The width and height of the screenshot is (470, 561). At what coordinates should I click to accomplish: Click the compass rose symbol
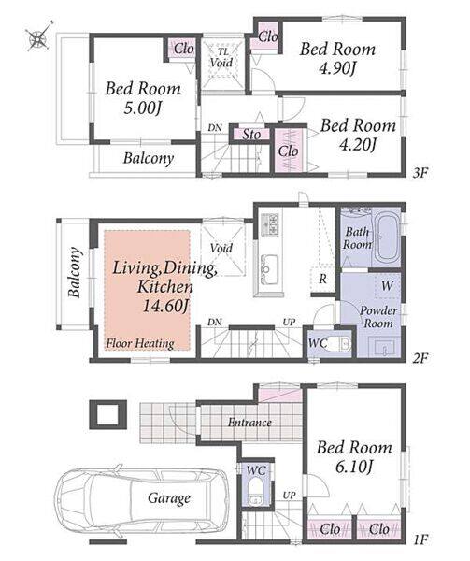pyautogui.click(x=38, y=36)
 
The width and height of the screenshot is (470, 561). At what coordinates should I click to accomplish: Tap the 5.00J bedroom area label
pyautogui.click(x=143, y=108)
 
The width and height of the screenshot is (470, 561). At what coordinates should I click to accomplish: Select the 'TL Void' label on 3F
pyautogui.click(x=221, y=57)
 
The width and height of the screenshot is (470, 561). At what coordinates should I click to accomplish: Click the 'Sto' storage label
pyautogui.click(x=251, y=135)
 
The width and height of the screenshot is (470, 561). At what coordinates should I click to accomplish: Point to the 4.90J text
pyautogui.click(x=337, y=68)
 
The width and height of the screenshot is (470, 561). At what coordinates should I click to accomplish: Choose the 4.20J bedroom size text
pyautogui.click(x=358, y=145)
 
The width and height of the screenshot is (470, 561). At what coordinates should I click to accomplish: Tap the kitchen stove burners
pyautogui.click(x=271, y=224)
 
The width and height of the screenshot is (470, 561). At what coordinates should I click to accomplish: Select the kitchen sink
pyautogui.click(x=269, y=265)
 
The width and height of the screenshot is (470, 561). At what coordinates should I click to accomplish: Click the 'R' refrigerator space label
pyautogui.click(x=322, y=279)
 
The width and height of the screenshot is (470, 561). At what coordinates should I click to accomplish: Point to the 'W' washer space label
pyautogui.click(x=387, y=285)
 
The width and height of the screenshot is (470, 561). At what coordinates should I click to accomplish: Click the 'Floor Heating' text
pyautogui.click(x=140, y=344)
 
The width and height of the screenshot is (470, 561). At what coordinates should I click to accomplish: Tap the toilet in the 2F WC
pyautogui.click(x=342, y=344)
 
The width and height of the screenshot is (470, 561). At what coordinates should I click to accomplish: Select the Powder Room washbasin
pyautogui.click(x=384, y=347)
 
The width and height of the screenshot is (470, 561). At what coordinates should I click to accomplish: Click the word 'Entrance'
pyautogui.click(x=249, y=423)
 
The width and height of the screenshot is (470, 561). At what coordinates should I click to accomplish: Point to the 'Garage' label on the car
pyautogui.click(x=169, y=498)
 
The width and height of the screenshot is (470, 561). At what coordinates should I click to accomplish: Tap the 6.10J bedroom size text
pyautogui.click(x=354, y=467)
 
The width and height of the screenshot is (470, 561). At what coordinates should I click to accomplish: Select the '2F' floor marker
pyautogui.click(x=420, y=358)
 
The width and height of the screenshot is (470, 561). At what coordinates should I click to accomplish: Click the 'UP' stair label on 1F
pyautogui.click(x=289, y=496)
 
